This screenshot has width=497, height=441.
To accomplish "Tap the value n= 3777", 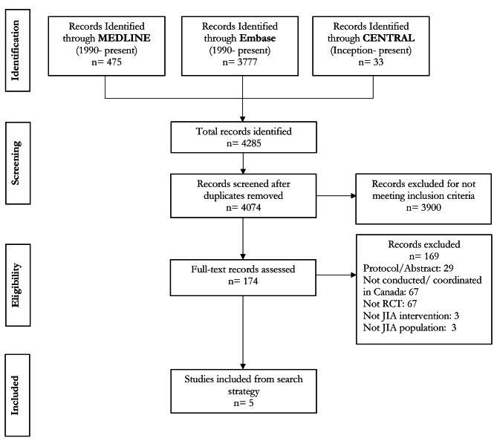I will pos(240,63).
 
